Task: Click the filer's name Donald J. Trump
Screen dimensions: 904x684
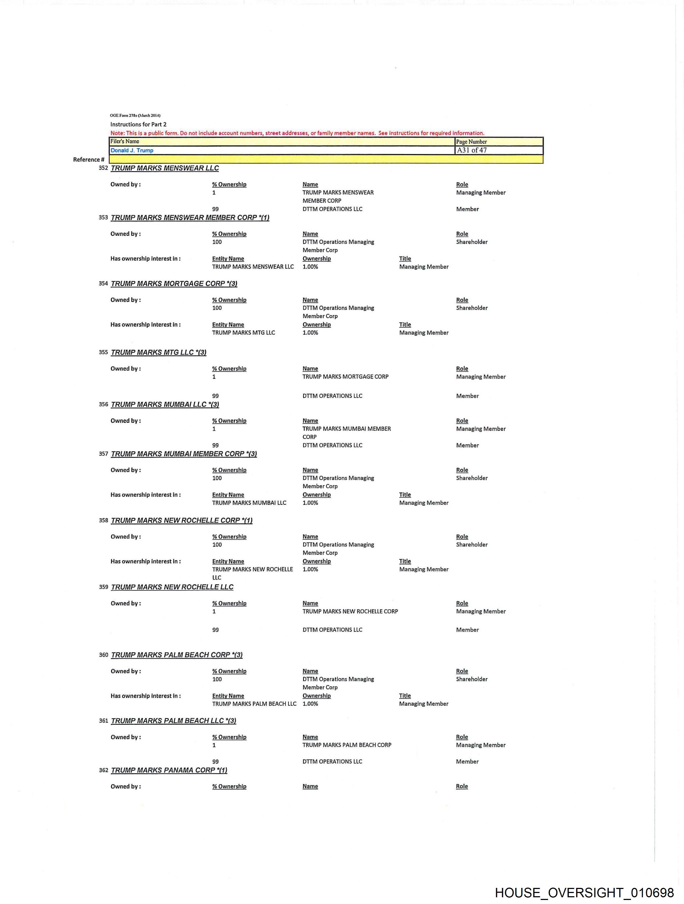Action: coord(132,150)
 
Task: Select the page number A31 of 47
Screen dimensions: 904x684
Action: coord(472,150)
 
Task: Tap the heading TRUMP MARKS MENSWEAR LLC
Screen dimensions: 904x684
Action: coord(165,168)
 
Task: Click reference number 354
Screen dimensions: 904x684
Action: coord(103,283)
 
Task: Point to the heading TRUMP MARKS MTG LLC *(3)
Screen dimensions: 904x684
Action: coord(159,352)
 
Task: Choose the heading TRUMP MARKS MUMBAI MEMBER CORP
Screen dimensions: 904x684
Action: coord(184,454)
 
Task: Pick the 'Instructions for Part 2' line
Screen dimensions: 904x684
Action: coord(138,124)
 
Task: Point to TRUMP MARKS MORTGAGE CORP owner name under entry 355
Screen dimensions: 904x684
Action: coord(345,376)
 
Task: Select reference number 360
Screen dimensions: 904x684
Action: coord(103,655)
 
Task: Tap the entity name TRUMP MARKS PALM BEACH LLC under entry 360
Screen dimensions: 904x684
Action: coord(254,704)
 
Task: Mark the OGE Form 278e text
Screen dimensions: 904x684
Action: coord(135,115)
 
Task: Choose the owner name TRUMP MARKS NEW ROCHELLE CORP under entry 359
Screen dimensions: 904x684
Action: coord(350,611)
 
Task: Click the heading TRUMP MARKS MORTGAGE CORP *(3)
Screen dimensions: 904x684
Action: coord(174,284)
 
